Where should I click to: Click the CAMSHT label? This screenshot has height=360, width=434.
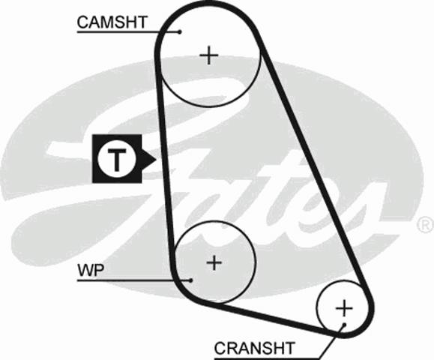click(112, 22)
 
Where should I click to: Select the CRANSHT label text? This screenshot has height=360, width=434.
click(254, 348)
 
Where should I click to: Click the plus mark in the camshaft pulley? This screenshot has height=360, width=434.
click(209, 55)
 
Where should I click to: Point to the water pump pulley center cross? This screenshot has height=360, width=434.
click(214, 262)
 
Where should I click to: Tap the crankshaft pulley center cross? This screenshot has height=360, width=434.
click(344, 308)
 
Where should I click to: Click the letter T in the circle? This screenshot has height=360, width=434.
click(117, 159)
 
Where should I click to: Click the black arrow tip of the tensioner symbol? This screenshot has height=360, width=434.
click(156, 159)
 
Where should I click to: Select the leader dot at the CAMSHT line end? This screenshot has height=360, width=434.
click(180, 31)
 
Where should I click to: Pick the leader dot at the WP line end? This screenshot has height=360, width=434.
click(190, 280)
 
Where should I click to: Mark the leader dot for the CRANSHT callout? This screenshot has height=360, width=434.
click(345, 324)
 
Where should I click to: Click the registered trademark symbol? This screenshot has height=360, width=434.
click(425, 225)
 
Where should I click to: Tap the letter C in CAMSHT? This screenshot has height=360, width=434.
click(83, 22)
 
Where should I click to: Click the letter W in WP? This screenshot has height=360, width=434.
click(86, 270)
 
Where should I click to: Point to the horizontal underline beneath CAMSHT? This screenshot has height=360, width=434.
click(128, 32)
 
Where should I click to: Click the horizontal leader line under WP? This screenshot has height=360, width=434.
click(134, 280)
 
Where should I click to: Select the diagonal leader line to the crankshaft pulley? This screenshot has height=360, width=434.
click(332, 341)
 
